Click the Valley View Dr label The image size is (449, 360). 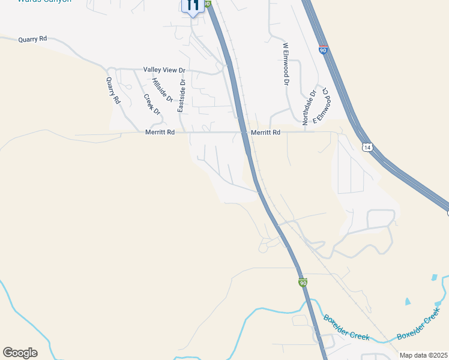coord(164,70)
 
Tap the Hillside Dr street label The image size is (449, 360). coord(162,89)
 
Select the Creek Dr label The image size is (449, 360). coord(152,104)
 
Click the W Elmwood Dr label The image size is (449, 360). coord(286,64)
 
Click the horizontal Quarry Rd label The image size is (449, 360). coord(32,39)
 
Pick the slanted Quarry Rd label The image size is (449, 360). coord(113,91)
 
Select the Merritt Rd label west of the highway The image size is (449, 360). coord(160,132)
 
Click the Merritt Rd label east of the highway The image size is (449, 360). coord(265,132)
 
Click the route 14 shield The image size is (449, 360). coord(367,146)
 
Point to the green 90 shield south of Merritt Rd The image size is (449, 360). coord(303,283)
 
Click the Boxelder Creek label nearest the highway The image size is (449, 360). coord(346,328)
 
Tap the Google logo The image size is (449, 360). coord(20,353)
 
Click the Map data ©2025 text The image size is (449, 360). coord(423,355)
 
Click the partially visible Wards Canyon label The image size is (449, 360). coord(44,2)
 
